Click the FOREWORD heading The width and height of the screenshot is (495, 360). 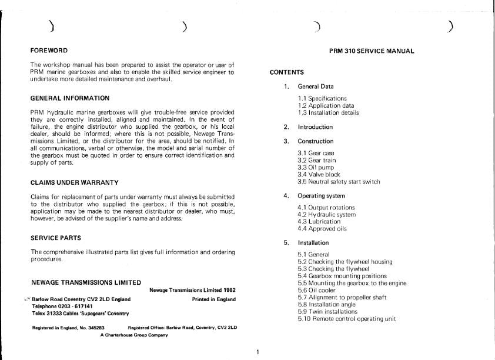point(49,51)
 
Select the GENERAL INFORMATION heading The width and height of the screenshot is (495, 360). point(69,98)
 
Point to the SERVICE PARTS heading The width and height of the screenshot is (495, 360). point(55,238)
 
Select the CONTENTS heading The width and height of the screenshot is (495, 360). point(287,72)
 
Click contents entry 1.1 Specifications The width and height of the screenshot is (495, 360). point(322,98)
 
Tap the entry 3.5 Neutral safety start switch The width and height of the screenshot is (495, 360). point(339,182)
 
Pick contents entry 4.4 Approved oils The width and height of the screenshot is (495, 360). point(322,228)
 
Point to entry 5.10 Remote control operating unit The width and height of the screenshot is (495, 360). point(347,319)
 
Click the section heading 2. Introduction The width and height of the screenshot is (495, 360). point(315,127)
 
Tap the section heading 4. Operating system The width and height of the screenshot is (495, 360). point(321,196)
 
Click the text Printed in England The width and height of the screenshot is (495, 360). point(213,299)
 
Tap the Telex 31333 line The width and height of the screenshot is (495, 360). point(81,314)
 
